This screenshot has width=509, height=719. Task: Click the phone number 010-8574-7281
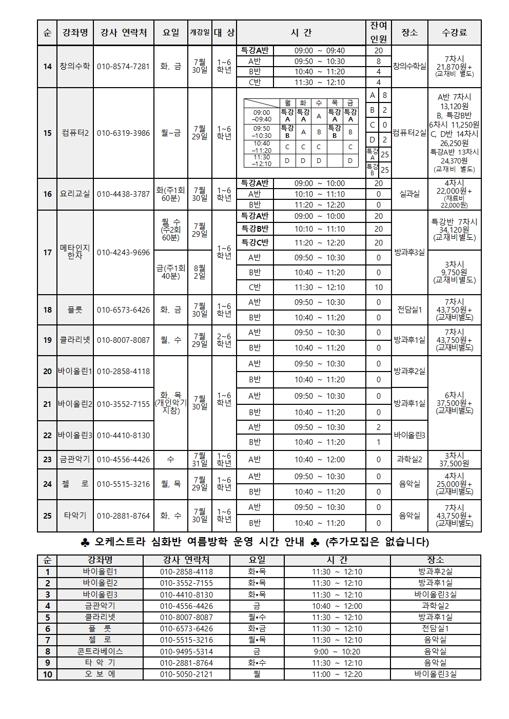click(x=123, y=67)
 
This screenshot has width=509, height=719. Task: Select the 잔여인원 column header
click(x=379, y=32)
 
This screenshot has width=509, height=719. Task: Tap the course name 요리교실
click(x=75, y=194)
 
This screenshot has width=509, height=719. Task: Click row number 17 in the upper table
click(x=47, y=252)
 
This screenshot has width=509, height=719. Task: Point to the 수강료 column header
click(x=455, y=32)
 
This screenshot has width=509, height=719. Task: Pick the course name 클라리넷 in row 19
click(x=75, y=340)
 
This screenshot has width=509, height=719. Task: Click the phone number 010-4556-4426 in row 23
click(x=123, y=460)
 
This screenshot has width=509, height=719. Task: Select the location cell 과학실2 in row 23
click(x=409, y=460)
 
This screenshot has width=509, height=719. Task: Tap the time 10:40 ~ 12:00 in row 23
click(x=320, y=460)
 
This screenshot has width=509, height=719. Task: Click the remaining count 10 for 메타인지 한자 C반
click(x=379, y=287)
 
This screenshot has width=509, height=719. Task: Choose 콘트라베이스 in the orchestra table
click(x=100, y=651)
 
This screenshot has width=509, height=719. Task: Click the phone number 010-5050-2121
click(x=186, y=674)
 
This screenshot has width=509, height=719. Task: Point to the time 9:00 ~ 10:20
click(x=337, y=651)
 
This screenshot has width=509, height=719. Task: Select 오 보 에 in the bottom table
click(x=100, y=674)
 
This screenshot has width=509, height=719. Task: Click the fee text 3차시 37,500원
click(x=455, y=460)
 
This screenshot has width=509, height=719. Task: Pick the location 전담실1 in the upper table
click(x=409, y=310)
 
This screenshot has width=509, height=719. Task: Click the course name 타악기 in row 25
click(x=75, y=516)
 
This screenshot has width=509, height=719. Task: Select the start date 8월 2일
click(x=200, y=272)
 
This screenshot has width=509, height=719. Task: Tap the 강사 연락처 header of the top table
click(x=123, y=32)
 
